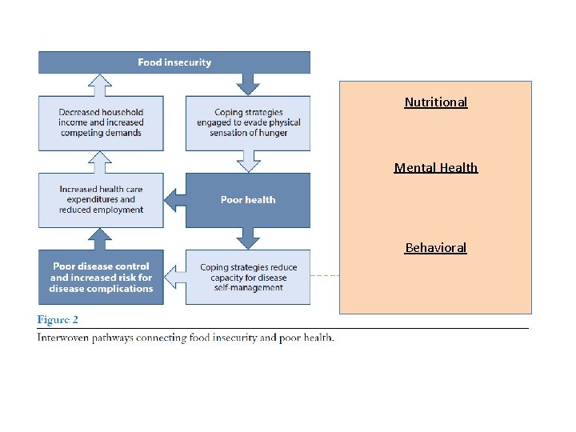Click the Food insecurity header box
pyautogui.click(x=174, y=62)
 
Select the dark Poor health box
pyautogui.click(x=248, y=200)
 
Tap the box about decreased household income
pyautogui.click(x=101, y=123)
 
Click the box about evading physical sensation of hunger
pyautogui.click(x=248, y=123)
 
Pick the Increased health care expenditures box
pyautogui.click(x=101, y=200)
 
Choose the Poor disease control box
pyautogui.click(x=101, y=278)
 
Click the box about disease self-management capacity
pyautogui.click(x=248, y=278)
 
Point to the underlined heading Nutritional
pyautogui.click(x=436, y=102)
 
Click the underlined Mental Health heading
pyautogui.click(x=436, y=168)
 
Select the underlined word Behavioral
pyautogui.click(x=436, y=248)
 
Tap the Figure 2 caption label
pyautogui.click(x=58, y=320)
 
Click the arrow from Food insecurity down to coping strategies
pyautogui.click(x=248, y=84)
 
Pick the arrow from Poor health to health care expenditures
pyautogui.click(x=175, y=200)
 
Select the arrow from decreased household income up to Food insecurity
pyautogui.click(x=100, y=86)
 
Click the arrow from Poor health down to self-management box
pyautogui.click(x=248, y=238)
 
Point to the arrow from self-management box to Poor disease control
pyautogui.click(x=175, y=278)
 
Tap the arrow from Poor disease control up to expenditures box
pyautogui.click(x=100, y=239)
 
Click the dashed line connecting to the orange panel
pyautogui.click(x=325, y=275)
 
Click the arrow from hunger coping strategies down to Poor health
pyautogui.click(x=248, y=162)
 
